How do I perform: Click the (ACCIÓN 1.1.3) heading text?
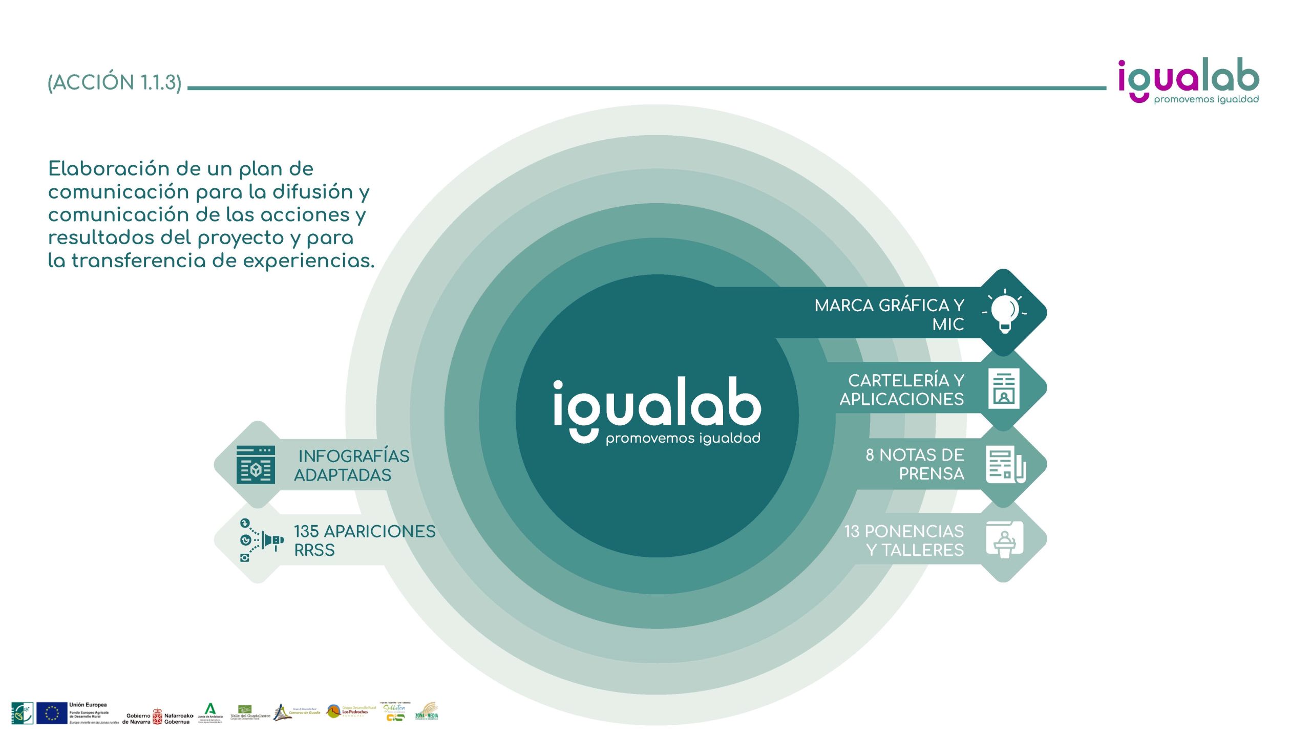pyautogui.click(x=115, y=82)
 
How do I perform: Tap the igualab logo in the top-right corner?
pyautogui.click(x=1188, y=81)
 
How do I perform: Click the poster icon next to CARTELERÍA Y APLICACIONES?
pyautogui.click(x=1004, y=388)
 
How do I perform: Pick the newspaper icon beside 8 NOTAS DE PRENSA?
pyautogui.click(x=1005, y=464)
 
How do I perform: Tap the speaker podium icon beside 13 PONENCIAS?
pyautogui.click(x=1004, y=539)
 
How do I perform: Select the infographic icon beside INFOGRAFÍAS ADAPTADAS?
pyautogui.click(x=256, y=465)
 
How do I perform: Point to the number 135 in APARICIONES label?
pyautogui.click(x=306, y=531)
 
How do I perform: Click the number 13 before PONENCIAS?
pyautogui.click(x=852, y=531)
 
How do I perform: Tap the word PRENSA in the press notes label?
pyautogui.click(x=932, y=474)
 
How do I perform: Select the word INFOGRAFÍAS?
pyautogui.click(x=354, y=456)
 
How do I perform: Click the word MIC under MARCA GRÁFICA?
pyautogui.click(x=948, y=324)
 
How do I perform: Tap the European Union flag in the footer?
pyautogui.click(x=52, y=713)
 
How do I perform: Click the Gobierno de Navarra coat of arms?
pyautogui.click(x=157, y=717)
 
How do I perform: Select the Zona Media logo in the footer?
pyautogui.click(x=427, y=712)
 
